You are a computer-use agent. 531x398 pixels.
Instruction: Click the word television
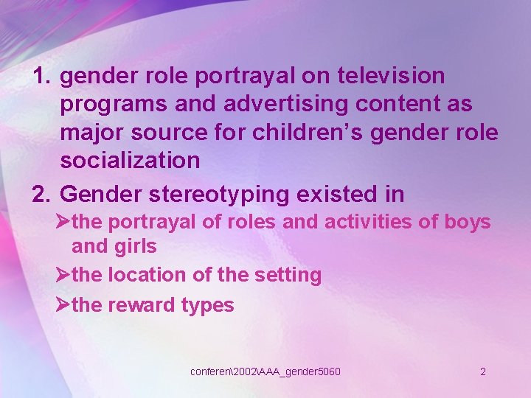[x=392, y=76]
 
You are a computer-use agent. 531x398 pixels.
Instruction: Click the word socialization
[x=130, y=160]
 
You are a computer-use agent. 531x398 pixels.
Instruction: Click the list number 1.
[x=42, y=76]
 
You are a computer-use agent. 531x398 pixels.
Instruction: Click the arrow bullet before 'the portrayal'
[x=63, y=222]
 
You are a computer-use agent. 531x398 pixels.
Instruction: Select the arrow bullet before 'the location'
[x=63, y=275]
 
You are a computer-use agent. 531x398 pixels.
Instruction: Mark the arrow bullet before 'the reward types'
[x=63, y=304]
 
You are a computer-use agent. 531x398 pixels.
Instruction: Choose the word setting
[x=288, y=275]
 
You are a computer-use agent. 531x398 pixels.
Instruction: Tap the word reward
[x=142, y=304]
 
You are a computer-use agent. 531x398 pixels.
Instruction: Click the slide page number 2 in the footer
[x=483, y=371]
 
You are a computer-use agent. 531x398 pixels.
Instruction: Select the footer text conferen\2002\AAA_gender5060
[x=265, y=371]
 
